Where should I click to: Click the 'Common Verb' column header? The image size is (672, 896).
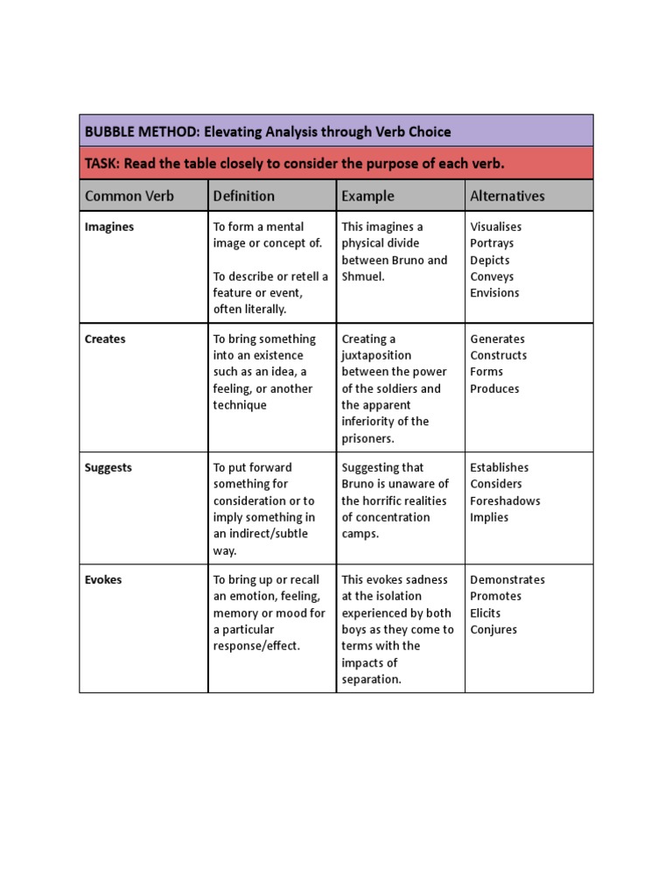tap(129, 196)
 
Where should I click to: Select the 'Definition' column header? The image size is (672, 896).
tap(244, 196)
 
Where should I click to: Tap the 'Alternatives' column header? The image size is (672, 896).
tap(507, 196)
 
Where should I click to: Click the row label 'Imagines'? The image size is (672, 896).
tap(109, 227)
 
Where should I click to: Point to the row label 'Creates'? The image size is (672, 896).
tap(105, 339)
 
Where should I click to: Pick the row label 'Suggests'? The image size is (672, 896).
tap(108, 467)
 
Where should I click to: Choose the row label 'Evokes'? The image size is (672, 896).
tap(103, 579)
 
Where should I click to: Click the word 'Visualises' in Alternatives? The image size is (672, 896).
tap(496, 227)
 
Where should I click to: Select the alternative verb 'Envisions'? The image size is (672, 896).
tap(494, 293)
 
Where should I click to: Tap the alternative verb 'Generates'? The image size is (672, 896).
tap(498, 339)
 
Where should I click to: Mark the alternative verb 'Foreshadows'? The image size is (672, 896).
tap(505, 500)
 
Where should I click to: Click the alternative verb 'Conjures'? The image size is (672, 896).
tap(493, 629)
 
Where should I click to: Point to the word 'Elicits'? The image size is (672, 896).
tap(486, 612)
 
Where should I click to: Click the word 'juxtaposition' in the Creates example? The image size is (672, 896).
tap(377, 355)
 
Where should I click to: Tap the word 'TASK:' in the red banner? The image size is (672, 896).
tap(103, 164)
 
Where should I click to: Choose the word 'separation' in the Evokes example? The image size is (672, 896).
tap(370, 679)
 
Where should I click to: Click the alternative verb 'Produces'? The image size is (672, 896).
tap(494, 388)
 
